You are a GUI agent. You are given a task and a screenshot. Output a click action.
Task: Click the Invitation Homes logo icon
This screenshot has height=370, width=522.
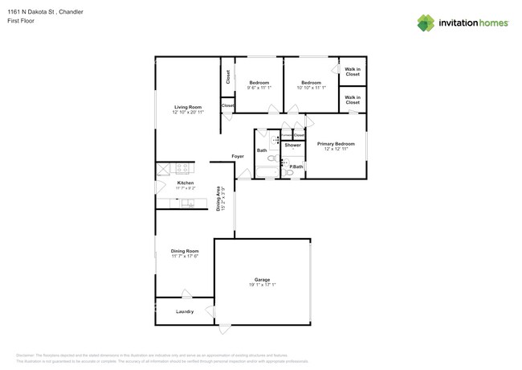pyautogui.click(x=426, y=23)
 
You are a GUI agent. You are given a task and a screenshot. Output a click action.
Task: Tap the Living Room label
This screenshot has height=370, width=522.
pyautogui.click(x=188, y=107)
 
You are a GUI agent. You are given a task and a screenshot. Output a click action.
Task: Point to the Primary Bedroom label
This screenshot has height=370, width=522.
pyautogui.click(x=340, y=143)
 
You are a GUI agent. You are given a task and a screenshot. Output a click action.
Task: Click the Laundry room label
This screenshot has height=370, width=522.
pyautogui.click(x=186, y=310)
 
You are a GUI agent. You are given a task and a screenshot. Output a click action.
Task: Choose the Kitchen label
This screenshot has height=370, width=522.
pyautogui.click(x=186, y=183)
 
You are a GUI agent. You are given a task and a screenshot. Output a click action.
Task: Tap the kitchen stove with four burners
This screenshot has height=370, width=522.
pyautogui.click(x=182, y=168)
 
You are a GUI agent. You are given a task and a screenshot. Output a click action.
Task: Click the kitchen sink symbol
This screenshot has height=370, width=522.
pyautogui.click(x=188, y=203)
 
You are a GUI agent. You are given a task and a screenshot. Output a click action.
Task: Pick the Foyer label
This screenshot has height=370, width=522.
pyautogui.click(x=238, y=156)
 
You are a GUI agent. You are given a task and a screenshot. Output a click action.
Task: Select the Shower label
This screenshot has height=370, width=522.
pyautogui.click(x=292, y=145)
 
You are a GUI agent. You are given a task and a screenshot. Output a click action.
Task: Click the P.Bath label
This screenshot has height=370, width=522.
pyautogui.click(x=296, y=166)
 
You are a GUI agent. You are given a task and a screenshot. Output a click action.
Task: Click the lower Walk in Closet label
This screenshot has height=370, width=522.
pyautogui.click(x=353, y=100)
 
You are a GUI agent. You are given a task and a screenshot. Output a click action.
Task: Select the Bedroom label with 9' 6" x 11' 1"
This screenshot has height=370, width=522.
pyautogui.click(x=259, y=83)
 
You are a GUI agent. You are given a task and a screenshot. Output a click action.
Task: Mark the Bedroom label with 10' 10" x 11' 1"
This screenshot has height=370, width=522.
pyautogui.click(x=312, y=83)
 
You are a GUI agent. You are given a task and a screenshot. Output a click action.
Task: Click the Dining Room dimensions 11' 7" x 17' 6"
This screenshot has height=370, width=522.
pyautogui.click(x=185, y=257)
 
